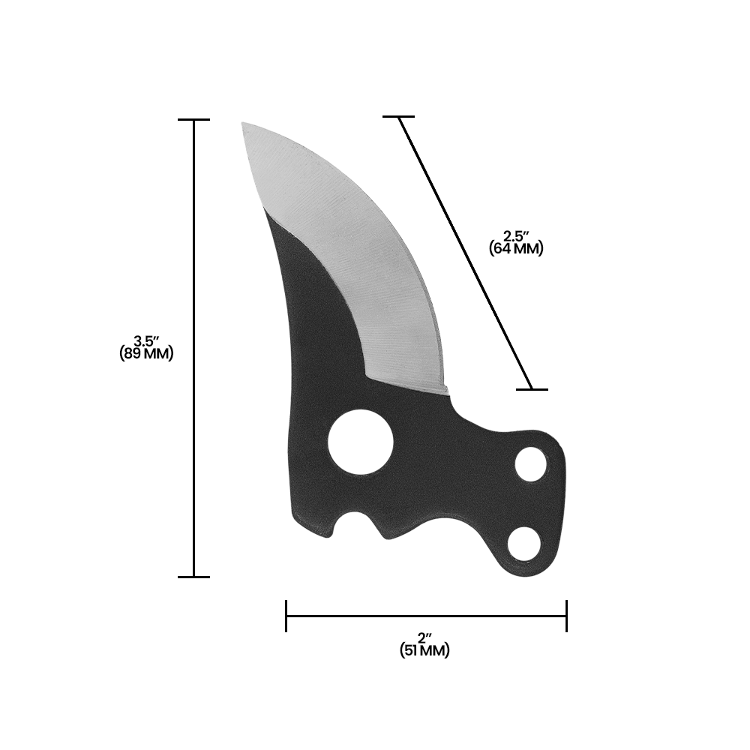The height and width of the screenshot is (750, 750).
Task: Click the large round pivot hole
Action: pyautogui.click(x=361, y=442)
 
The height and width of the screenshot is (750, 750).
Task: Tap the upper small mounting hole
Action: pyautogui.click(x=531, y=464)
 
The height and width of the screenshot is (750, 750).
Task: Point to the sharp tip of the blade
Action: pyautogui.click(x=243, y=124)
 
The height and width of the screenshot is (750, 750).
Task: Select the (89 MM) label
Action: pyautogui.click(x=147, y=354)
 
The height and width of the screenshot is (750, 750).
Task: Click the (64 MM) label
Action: pyautogui.click(x=516, y=248)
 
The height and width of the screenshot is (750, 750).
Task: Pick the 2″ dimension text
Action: pyautogui.click(x=426, y=638)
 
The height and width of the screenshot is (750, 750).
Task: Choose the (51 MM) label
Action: pyautogui.click(x=425, y=651)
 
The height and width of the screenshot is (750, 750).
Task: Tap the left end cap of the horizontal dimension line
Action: pyautogui.click(x=286, y=616)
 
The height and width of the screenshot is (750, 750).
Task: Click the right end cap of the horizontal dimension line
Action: pyautogui.click(x=566, y=616)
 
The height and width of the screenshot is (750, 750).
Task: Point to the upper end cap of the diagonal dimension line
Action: pyautogui.click(x=398, y=117)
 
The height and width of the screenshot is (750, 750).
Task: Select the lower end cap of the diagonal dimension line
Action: pyautogui.click(x=532, y=389)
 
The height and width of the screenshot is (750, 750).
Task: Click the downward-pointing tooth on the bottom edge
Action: pyautogui.click(x=388, y=535)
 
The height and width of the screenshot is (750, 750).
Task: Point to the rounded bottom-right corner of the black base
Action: pyautogui.click(x=551, y=566)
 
